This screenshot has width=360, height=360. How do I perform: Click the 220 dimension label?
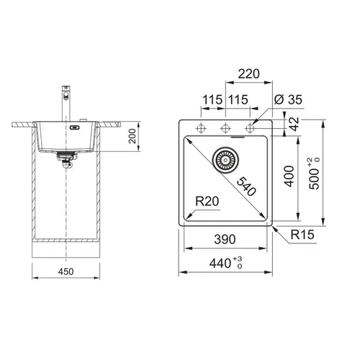tap(248, 74)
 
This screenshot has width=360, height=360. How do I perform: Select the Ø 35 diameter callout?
tap(288, 99)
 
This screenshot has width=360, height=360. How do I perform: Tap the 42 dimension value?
tap(295, 124)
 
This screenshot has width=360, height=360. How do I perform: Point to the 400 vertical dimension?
tap(289, 176)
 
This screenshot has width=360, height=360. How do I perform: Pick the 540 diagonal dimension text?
tap(246, 186)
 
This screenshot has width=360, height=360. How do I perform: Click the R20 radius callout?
tap(207, 201)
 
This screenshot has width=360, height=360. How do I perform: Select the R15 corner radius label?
tap(302, 235)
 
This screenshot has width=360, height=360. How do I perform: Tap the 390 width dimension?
tap(225, 239)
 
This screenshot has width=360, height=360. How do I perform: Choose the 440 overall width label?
tap(220, 264)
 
